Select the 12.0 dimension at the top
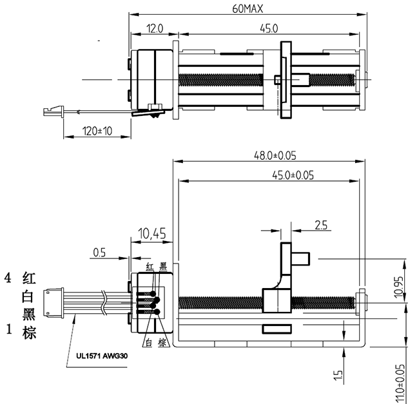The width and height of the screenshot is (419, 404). pyautogui.click(x=154, y=28)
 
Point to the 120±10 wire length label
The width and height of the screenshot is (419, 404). pyautogui.click(x=97, y=131)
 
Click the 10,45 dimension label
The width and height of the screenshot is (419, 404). pyautogui.click(x=152, y=233)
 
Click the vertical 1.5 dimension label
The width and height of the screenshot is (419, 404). pyautogui.click(x=338, y=376)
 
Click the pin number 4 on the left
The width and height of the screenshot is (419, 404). pyautogui.click(x=8, y=278)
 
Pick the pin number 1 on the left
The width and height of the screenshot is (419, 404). pyautogui.click(x=8, y=329)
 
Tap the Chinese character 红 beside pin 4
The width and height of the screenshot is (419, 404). pyautogui.click(x=28, y=278)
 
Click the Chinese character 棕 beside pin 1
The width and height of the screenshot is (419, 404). pyautogui.click(x=28, y=332)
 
